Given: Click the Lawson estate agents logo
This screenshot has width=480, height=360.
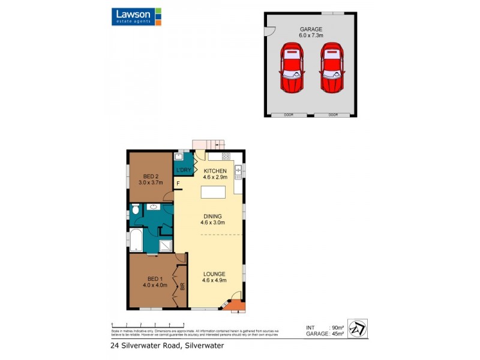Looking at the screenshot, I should [136, 16].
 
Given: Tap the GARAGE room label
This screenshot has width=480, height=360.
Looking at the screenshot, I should [311, 29].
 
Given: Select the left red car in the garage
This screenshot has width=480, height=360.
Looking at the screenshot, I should [292, 67].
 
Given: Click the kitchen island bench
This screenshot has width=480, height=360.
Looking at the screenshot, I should [213, 192].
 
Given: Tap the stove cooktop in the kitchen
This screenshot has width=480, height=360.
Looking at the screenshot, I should [226, 157].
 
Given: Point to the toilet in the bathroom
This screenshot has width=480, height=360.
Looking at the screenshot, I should [136, 210].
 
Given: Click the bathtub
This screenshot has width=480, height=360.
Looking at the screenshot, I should [137, 241].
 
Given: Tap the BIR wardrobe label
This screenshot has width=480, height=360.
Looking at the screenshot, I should [182, 287].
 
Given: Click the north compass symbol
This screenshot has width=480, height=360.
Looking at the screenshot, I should [357, 328].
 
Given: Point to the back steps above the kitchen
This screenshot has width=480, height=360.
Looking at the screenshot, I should [208, 145].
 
